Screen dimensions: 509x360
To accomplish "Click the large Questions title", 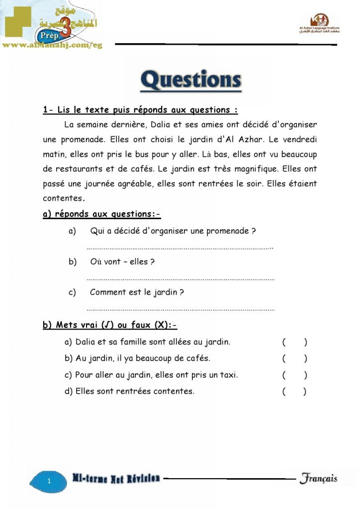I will coord(191,81).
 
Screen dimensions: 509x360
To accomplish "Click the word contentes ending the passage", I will coord(62,198).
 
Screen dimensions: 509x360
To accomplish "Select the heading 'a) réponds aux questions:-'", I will coord(101,214).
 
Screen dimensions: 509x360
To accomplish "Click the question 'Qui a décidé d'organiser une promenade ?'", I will coord(173,231).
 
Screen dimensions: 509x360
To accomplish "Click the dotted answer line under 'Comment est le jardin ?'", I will coord(180,310).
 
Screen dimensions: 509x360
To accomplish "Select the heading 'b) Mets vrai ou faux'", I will coord(110,325).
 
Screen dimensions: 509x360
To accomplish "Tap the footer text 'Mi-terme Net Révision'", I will coord(116,479).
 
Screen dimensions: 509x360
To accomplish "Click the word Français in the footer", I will coord(318,479).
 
